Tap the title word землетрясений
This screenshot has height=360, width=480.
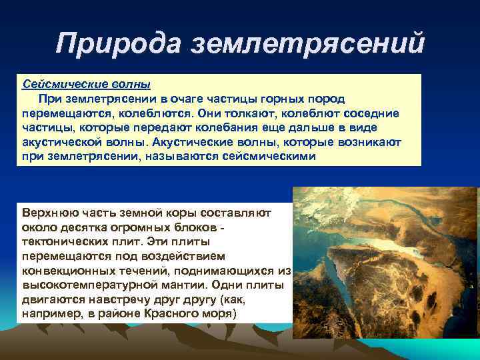307,44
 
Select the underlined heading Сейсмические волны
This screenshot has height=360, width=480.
86,85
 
